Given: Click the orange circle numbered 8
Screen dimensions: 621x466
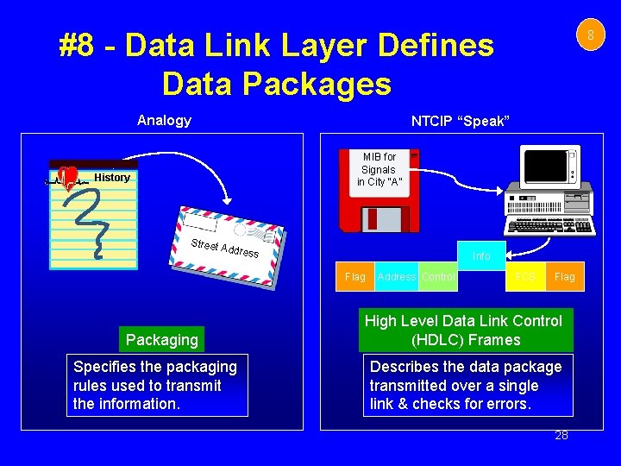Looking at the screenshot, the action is [591, 35].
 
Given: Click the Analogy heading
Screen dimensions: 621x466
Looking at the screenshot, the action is [164, 120].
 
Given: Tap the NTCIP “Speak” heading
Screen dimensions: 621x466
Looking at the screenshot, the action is [461, 120].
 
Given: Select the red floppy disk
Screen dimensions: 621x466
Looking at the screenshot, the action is [379, 191].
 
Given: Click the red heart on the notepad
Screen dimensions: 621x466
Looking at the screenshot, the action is [68, 177].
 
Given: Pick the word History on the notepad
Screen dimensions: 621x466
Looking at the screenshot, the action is [112, 178].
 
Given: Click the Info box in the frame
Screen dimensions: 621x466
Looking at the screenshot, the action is [481, 255].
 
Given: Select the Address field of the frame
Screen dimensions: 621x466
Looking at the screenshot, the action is [397, 277].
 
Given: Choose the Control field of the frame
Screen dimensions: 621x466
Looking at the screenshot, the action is [439, 277].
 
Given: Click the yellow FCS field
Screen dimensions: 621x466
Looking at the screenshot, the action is [525, 277].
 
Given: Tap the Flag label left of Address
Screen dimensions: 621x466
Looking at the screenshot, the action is [355, 277].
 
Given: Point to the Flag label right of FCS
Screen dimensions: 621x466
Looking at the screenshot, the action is [565, 277].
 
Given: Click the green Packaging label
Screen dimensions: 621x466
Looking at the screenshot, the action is [161, 339].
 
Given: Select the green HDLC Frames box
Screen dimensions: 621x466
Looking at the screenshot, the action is [466, 330].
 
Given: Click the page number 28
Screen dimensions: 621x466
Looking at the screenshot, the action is [561, 436].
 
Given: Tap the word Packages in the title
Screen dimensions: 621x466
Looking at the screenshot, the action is [322, 84].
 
